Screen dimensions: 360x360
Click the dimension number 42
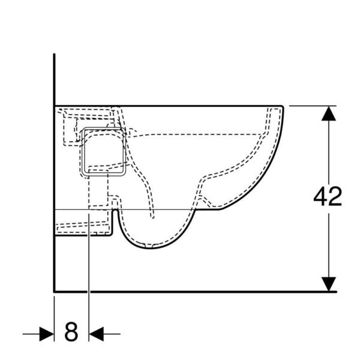click(x=328, y=197)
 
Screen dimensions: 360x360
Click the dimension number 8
click(x=71, y=332)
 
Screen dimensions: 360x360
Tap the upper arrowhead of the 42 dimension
click(x=329, y=113)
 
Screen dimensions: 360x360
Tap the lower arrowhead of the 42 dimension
click(x=329, y=284)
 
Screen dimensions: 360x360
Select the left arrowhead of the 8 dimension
click(x=47, y=334)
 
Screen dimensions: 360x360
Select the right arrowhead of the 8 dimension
click(x=96, y=334)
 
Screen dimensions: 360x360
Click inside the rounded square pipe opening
click(x=104, y=152)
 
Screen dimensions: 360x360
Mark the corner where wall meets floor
click(x=55, y=292)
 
